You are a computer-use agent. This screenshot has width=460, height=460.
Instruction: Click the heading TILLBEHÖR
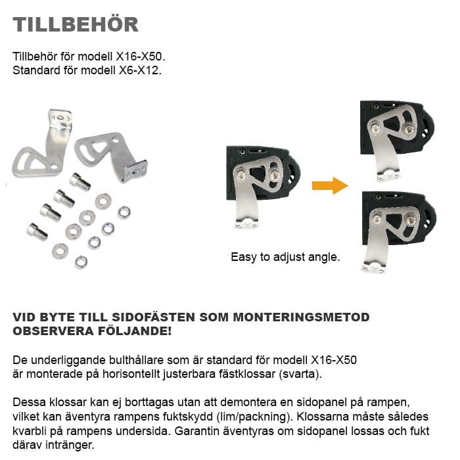pos(76,24)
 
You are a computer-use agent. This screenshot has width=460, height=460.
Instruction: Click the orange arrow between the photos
pos(329,185)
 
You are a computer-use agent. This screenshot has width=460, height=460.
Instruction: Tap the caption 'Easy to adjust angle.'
pos(285,257)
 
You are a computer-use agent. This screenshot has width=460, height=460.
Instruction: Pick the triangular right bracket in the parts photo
pos(110,155)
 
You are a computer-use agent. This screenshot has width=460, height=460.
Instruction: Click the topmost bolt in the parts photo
pos(80,181)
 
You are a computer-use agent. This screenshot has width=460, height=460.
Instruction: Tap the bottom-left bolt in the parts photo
pos(37,231)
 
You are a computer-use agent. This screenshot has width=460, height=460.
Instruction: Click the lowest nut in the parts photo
pos(81,262)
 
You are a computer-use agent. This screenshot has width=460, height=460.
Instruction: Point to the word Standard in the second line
pos(35,69)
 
